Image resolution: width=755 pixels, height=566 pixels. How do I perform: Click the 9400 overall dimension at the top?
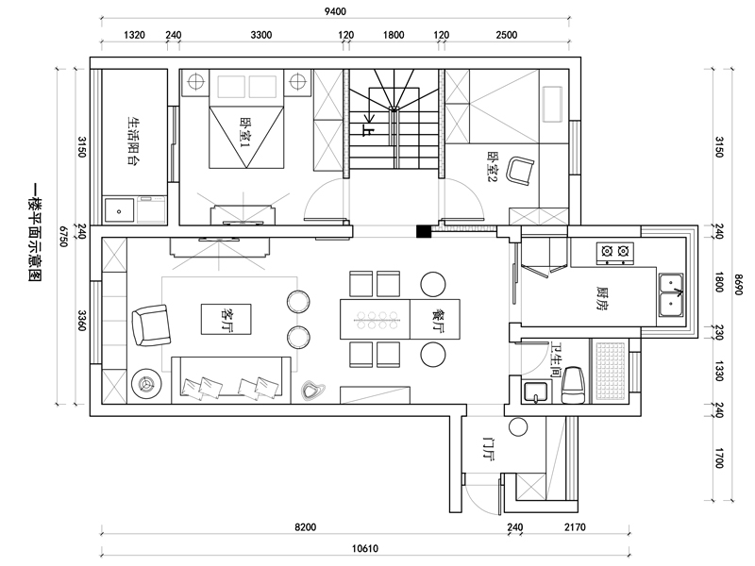click(335, 11)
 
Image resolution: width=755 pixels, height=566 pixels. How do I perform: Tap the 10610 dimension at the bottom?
click(365, 548)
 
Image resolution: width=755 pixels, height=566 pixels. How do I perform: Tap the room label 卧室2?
click(494, 167)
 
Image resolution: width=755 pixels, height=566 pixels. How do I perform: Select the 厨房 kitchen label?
click(602, 298)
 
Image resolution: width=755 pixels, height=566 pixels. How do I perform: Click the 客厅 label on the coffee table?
click(226, 320)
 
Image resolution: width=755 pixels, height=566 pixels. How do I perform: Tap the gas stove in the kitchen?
click(615, 253)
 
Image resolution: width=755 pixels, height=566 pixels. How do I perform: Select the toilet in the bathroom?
click(573, 385)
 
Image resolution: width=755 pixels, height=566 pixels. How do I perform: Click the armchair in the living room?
click(151, 325)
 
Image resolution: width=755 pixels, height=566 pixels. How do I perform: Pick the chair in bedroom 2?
click(520, 171)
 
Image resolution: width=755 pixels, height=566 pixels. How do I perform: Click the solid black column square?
click(423, 231)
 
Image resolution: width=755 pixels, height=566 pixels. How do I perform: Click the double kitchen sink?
click(671, 295)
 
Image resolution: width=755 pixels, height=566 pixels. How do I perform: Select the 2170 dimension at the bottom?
click(575, 527)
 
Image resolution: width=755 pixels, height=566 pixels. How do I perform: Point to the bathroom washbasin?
click(535, 391)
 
